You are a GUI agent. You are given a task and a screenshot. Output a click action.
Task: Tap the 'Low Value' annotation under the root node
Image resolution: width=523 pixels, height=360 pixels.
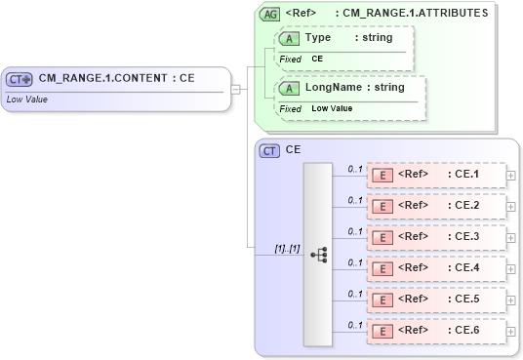click(x=27, y=99)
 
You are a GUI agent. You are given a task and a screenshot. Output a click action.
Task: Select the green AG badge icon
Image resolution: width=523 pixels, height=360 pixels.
click(x=268, y=14)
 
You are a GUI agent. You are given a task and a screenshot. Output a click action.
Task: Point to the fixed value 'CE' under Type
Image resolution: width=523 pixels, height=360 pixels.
click(x=318, y=60)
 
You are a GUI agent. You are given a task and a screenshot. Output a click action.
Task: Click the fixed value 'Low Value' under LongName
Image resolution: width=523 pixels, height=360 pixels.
click(x=332, y=108)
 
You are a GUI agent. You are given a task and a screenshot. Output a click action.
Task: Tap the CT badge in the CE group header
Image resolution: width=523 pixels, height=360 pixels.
click(x=268, y=150)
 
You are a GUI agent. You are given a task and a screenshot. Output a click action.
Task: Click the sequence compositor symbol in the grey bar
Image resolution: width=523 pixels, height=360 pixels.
click(x=318, y=254)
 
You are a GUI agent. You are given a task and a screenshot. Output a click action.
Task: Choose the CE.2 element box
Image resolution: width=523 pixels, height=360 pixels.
click(x=435, y=206)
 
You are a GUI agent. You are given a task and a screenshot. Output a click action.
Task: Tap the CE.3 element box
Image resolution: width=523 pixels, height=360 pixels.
click(x=435, y=237)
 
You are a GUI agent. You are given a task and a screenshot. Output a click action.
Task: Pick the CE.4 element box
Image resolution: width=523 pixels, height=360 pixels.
click(x=435, y=267)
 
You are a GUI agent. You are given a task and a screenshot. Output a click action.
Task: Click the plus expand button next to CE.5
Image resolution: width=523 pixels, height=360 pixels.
click(x=511, y=300)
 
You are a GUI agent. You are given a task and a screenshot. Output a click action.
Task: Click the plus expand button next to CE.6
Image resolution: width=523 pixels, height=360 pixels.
click(x=511, y=331)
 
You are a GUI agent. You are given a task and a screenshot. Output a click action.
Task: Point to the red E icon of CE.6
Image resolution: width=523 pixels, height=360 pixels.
click(x=383, y=331)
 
